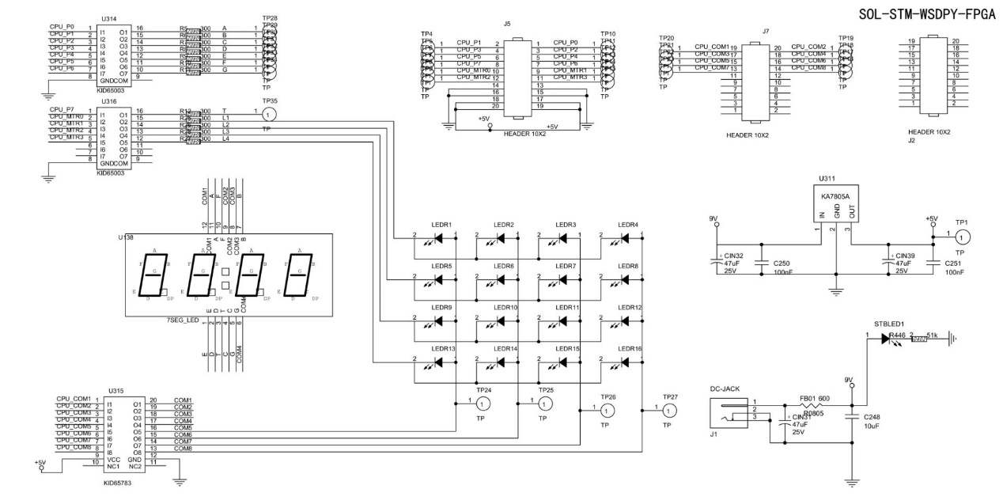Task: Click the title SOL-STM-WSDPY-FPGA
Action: pos(926,15)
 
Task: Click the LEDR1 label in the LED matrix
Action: pos(441,225)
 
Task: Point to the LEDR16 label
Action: pos(630,349)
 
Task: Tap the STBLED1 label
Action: pos(889,324)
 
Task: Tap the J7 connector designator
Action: pos(765,32)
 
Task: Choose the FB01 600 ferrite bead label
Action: pos(813,398)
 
